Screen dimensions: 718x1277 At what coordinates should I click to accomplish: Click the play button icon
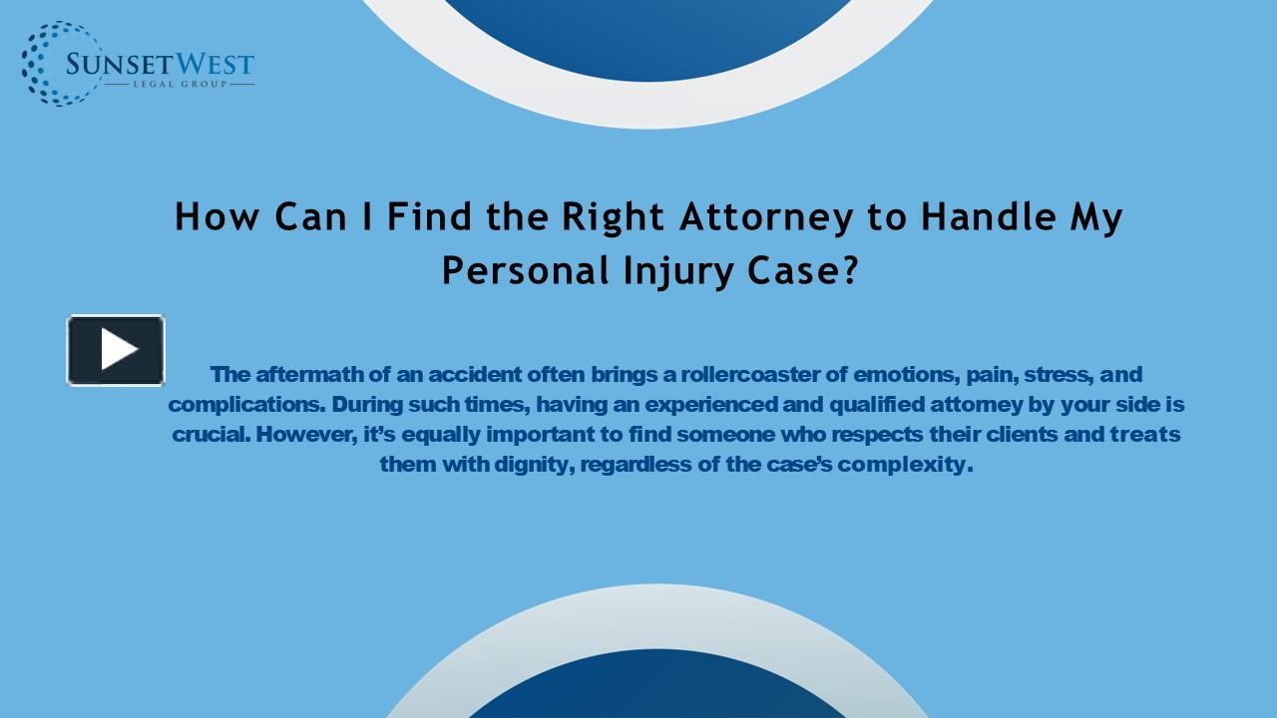[x=116, y=350]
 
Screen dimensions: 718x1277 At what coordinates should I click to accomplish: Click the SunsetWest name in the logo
[x=160, y=66]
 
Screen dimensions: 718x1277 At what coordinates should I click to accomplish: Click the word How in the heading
[x=208, y=217]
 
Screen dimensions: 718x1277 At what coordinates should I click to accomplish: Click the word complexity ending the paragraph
[x=904, y=465]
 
